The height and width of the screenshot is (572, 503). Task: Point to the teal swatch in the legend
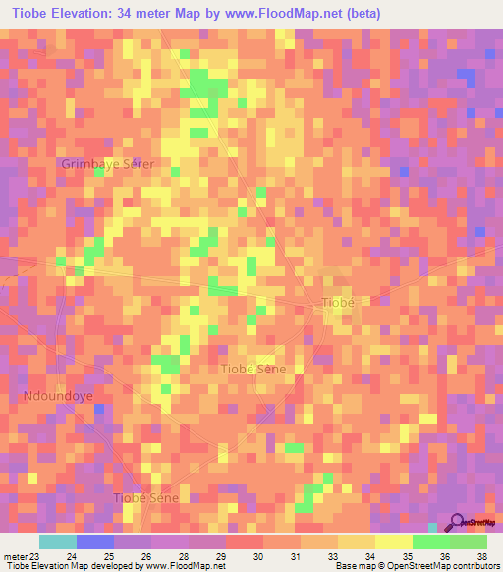click(x=58, y=542)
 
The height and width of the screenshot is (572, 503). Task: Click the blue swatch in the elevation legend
click(x=95, y=542)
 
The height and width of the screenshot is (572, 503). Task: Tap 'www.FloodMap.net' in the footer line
click(x=184, y=566)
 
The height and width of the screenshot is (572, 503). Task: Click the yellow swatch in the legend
click(x=394, y=542)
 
